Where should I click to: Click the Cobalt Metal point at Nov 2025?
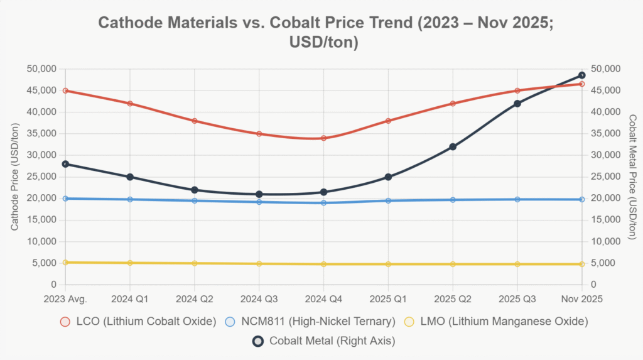[581, 75]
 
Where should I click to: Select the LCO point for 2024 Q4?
[323, 138]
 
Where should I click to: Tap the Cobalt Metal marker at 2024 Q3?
[259, 194]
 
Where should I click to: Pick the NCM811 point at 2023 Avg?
[65, 199]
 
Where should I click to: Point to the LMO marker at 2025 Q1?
[388, 264]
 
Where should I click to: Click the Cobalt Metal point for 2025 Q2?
[453, 146]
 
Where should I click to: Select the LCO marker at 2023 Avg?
[65, 90]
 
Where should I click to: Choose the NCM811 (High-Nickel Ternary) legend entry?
[310, 322]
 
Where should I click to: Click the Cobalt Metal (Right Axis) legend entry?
[323, 341]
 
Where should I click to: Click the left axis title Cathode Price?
[14, 177]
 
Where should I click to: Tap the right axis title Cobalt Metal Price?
[632, 177]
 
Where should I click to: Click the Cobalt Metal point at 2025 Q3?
[517, 104]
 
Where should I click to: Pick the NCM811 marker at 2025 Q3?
[517, 199]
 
